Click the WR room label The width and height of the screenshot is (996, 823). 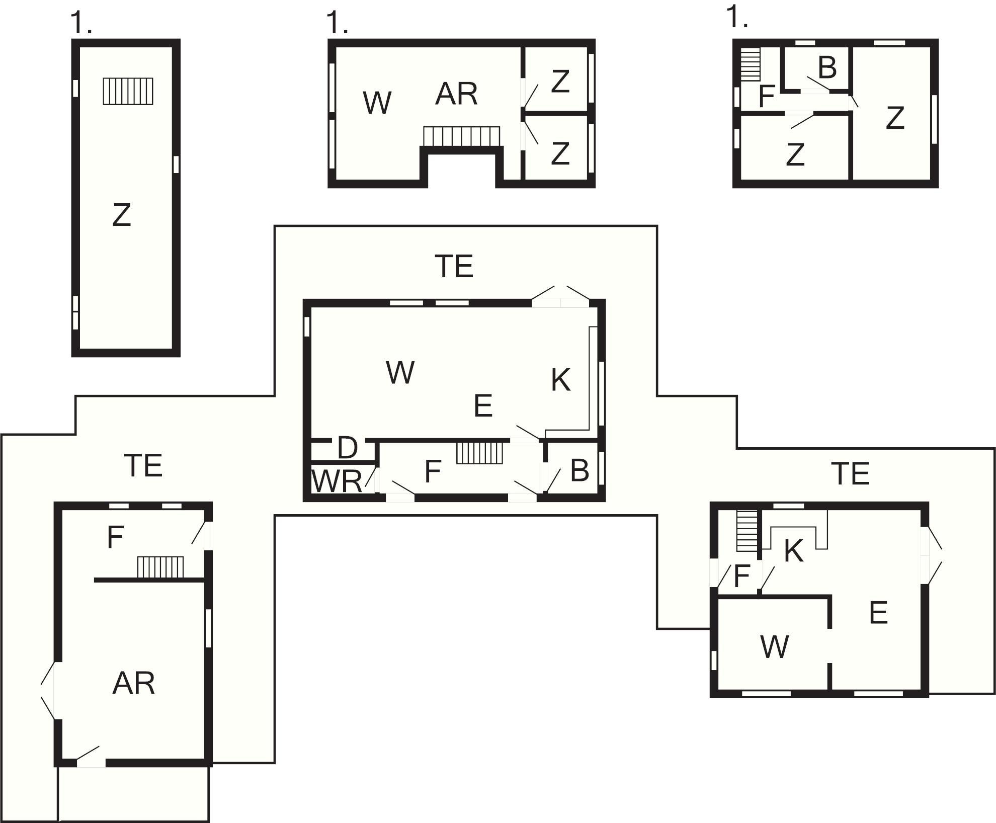[x=337, y=481]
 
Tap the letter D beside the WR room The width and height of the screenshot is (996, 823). [x=347, y=448]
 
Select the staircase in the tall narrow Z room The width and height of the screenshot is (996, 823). [x=128, y=91]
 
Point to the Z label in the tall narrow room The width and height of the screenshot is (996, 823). [x=122, y=215]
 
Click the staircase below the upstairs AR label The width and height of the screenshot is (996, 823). [x=462, y=136]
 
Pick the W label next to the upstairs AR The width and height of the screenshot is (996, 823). [x=377, y=103]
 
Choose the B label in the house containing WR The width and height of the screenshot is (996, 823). [x=579, y=471]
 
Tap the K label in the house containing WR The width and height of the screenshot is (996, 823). [x=561, y=380]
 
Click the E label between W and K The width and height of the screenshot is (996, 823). [x=483, y=405]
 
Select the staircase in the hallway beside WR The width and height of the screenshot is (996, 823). [x=480, y=452]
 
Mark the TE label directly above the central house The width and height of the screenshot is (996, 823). [x=454, y=266]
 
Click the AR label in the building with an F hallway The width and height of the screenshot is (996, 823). [x=133, y=683]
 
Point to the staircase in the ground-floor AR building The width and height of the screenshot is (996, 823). [x=160, y=567]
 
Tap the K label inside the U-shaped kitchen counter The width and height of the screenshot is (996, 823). [x=794, y=551]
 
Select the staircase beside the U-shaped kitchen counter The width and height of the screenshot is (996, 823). [x=747, y=531]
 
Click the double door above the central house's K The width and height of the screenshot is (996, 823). [x=561, y=296]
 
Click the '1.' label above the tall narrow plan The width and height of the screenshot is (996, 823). [x=81, y=23]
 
